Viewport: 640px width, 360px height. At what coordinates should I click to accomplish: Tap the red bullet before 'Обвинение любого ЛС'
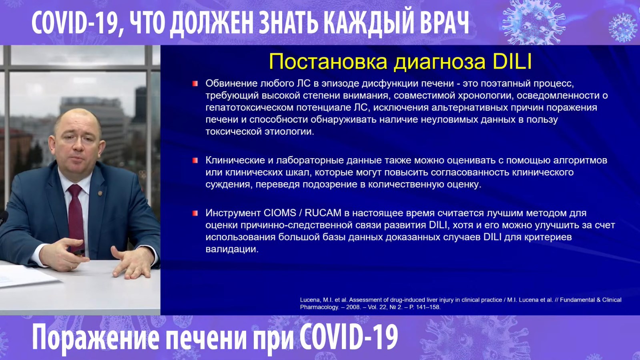(x=195, y=84)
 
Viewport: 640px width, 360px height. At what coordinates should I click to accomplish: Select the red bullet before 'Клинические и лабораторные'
(x=195, y=161)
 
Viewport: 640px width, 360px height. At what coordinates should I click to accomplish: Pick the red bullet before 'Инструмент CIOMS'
(x=195, y=213)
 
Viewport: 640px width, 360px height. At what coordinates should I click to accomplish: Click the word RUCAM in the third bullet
(x=323, y=213)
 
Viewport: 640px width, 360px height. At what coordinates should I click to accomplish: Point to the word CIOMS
(x=280, y=213)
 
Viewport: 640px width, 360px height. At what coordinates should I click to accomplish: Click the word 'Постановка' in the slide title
(x=328, y=62)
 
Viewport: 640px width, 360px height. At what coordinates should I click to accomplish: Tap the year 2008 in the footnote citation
(x=353, y=308)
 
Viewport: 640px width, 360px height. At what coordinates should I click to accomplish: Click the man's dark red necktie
(x=76, y=217)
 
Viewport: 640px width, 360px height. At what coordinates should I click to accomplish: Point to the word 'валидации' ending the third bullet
(x=232, y=249)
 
